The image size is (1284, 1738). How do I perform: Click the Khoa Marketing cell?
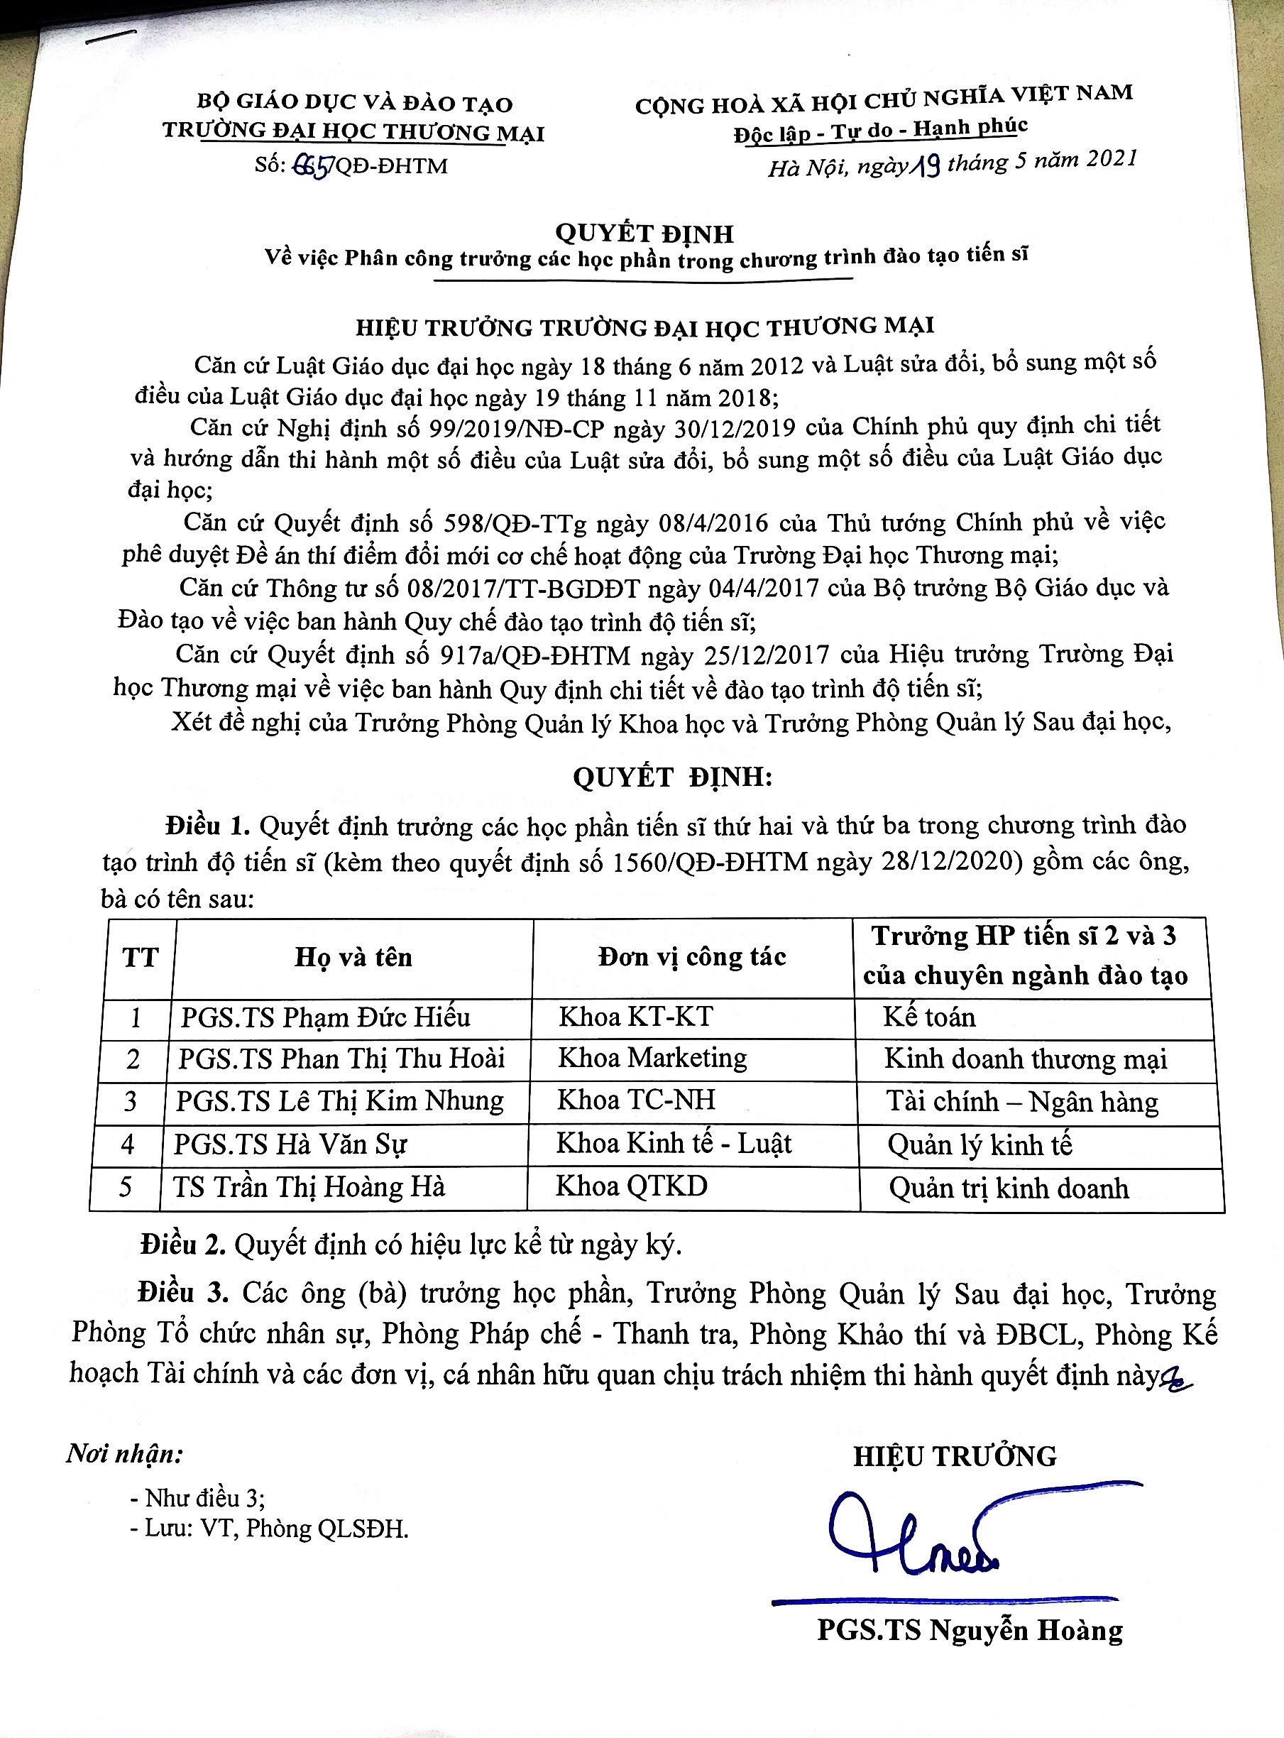[x=652, y=1058]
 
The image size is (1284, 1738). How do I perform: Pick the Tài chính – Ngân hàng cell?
[x=1021, y=1101]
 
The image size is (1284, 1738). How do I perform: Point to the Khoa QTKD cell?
[x=631, y=1186]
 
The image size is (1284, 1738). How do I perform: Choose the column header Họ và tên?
[x=353, y=957]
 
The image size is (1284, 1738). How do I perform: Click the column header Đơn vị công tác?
[x=692, y=957]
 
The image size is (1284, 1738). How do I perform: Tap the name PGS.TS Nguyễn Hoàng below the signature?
[x=970, y=1630]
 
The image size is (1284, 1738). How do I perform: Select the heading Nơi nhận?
[x=124, y=1453]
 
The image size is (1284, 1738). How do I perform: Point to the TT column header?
[x=140, y=957]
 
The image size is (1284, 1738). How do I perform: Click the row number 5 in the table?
[x=125, y=1187]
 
